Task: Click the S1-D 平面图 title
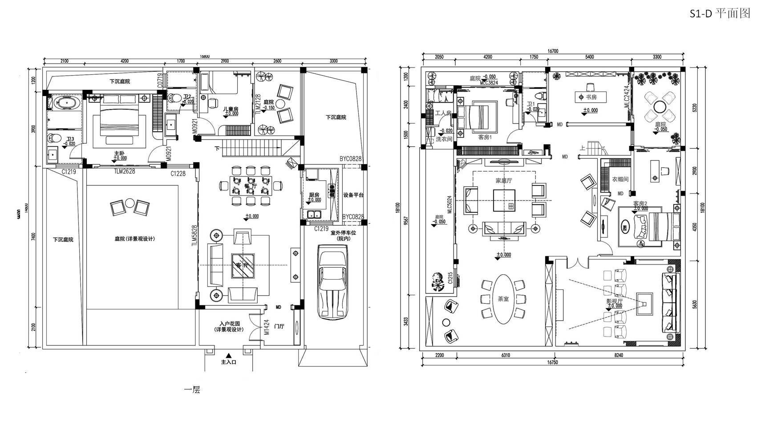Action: coord(720,14)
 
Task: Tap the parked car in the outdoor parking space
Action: coord(332,282)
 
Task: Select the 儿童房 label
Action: coord(231,108)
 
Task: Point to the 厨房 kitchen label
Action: coord(314,195)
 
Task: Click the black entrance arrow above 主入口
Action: coord(228,355)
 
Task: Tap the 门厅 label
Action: coord(279,326)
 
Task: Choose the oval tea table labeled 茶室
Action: coord(503,299)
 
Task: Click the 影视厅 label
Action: coord(614,301)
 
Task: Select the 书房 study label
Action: coord(591,97)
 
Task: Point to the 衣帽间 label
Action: coord(620,179)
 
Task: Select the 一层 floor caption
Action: coord(192,390)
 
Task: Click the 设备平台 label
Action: coord(353,195)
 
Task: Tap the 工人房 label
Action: coord(443,113)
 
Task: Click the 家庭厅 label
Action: coord(504,180)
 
